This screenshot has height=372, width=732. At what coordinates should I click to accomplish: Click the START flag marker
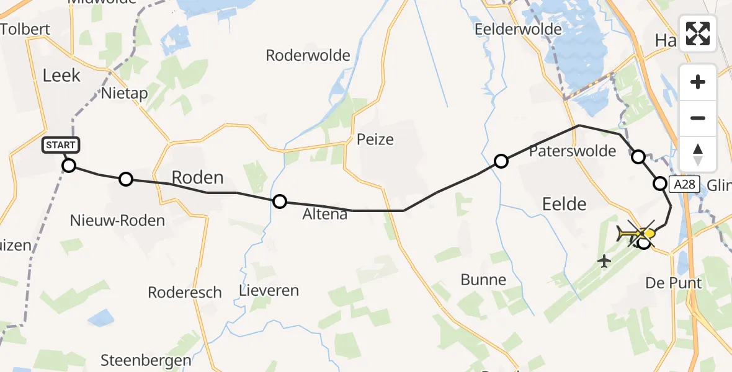tap(61, 146)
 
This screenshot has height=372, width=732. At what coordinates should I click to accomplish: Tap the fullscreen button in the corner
tap(698, 33)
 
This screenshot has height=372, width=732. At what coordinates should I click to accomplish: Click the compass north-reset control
tap(698, 154)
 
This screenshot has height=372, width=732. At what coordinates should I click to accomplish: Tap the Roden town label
tap(197, 178)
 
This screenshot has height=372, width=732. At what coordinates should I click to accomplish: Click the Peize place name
tap(375, 139)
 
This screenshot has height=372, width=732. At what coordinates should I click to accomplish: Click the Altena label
tap(326, 215)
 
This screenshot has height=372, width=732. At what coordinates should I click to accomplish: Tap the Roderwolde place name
tap(308, 55)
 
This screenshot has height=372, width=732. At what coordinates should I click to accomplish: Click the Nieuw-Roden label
tap(117, 220)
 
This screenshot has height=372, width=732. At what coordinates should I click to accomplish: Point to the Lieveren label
tap(269, 290)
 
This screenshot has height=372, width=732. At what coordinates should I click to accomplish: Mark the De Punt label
tap(674, 283)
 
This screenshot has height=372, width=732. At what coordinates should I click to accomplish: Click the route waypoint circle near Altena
tap(280, 201)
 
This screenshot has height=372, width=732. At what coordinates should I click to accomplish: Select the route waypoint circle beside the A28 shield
tap(660, 184)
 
